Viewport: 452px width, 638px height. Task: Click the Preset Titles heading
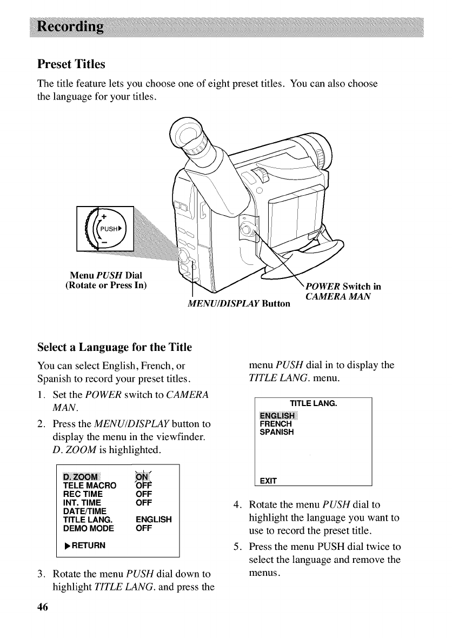coord(71,64)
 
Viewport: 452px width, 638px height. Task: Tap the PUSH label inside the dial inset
coord(108,228)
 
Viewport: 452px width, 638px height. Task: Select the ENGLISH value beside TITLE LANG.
coord(154,520)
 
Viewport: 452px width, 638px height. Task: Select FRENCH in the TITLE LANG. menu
coord(276,424)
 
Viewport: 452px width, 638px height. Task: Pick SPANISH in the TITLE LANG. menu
coord(277,433)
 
